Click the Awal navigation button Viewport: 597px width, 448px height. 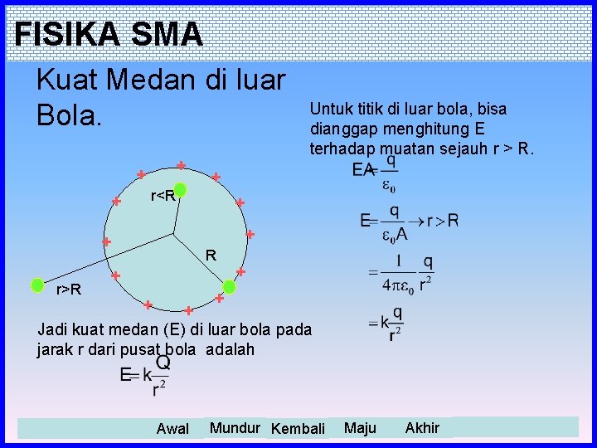pyautogui.click(x=172, y=429)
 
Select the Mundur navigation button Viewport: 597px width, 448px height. pyautogui.click(x=236, y=428)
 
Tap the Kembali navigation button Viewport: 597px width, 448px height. pyautogui.click(x=298, y=429)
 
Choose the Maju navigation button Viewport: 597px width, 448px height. pyautogui.click(x=360, y=428)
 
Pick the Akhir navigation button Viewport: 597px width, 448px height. pyautogui.click(x=422, y=428)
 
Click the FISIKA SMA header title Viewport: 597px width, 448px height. pyautogui.click(x=109, y=34)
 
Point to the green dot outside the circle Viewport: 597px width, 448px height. pyautogui.click(x=37, y=285)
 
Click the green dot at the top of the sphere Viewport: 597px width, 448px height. pyautogui.click(x=180, y=191)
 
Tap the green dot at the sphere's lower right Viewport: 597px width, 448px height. pyautogui.click(x=230, y=287)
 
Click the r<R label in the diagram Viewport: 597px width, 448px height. pyautogui.click(x=163, y=197)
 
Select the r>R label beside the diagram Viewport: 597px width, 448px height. pyautogui.click(x=68, y=290)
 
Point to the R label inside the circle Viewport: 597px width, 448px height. pyautogui.click(x=211, y=256)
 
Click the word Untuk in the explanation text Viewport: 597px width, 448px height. pyautogui.click(x=330, y=109)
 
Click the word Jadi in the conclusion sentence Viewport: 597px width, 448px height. pyautogui.click(x=52, y=329)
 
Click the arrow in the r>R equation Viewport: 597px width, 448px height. pyautogui.click(x=412, y=222)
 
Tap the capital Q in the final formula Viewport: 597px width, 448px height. pyautogui.click(x=163, y=363)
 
